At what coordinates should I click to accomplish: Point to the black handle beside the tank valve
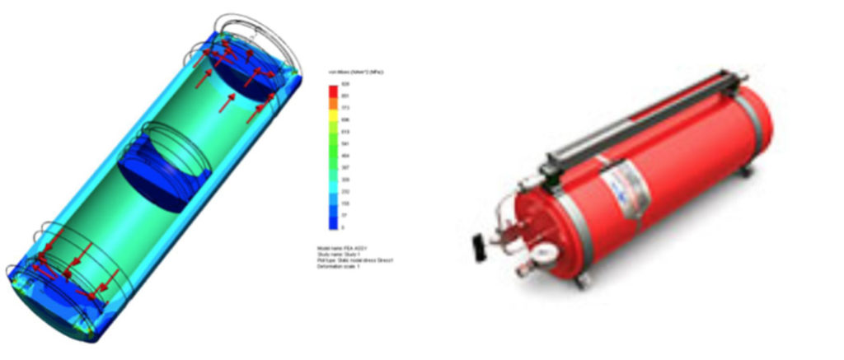coord(479,243)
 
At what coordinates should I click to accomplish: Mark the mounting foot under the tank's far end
coord(747,171)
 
